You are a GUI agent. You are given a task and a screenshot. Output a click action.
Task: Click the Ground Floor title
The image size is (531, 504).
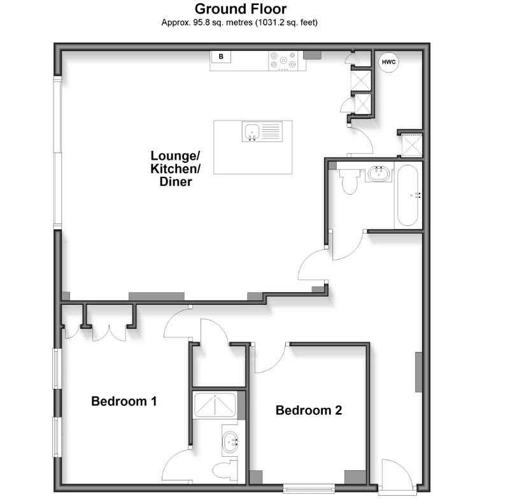pos(240,9)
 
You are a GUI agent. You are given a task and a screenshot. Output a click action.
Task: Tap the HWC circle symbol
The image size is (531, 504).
pos(388,62)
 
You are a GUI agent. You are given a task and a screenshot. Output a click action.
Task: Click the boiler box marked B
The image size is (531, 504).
pos(221,57)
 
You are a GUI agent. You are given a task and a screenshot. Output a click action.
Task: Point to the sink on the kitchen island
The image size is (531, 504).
pos(252,132)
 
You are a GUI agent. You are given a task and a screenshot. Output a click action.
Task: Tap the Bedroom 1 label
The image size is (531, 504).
pos(124,402)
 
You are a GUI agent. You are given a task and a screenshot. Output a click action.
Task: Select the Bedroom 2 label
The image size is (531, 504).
pos(308,410)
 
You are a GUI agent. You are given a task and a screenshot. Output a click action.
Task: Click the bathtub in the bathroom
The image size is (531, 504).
pos(407,195)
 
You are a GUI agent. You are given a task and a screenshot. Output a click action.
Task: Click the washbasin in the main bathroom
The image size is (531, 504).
pos(379,173)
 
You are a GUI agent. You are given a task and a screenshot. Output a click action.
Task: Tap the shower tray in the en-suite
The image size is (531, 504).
pos(215,405)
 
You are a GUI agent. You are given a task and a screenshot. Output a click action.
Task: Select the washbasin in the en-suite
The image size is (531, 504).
pos(230,439)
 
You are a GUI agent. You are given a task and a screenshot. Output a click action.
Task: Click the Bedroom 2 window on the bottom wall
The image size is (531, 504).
pos(309,489)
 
